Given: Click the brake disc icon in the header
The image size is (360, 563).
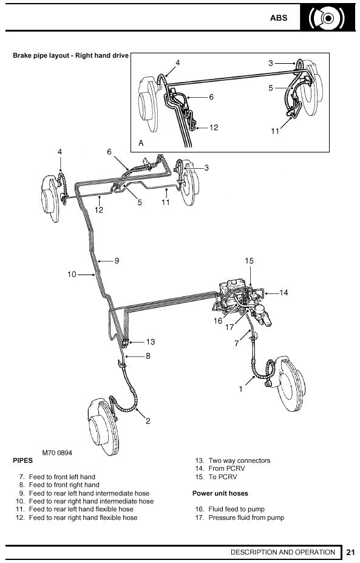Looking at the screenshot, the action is [327, 18].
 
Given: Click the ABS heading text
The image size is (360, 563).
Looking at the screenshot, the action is [279, 18].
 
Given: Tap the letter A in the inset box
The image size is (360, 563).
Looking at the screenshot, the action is [141, 143].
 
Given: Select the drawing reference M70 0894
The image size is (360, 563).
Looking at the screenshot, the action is [57, 453].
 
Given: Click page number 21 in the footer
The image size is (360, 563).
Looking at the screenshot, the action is [351, 552].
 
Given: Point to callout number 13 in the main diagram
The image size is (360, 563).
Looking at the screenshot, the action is [151, 341].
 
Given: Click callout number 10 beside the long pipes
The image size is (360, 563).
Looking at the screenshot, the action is [72, 275].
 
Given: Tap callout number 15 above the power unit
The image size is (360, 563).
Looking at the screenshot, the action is [249, 261].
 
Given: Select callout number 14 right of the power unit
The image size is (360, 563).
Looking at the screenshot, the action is [284, 293].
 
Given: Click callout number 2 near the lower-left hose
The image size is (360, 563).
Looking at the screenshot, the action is [148, 421].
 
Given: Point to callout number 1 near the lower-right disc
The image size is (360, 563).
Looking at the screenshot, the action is [241, 389].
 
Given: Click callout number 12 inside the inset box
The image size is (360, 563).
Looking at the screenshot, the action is [214, 128].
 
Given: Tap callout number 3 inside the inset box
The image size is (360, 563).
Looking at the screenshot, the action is [271, 63].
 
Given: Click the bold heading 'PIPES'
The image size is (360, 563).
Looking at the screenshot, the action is [22, 460].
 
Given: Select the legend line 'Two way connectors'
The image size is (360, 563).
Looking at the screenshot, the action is [239, 460].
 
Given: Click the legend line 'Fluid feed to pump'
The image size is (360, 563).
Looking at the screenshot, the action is [237, 509].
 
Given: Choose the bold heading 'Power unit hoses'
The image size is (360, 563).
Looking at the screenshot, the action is [220, 493].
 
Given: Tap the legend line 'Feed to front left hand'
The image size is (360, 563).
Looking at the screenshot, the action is [62, 477].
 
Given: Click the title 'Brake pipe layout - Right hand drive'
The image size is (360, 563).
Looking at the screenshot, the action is [70, 55].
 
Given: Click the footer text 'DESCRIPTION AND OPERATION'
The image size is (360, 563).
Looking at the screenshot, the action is [283, 552].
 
